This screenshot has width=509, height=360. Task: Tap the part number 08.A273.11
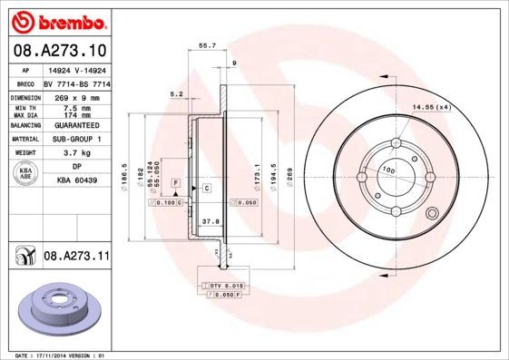point(76,258)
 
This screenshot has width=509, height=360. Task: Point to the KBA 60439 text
point(79,180)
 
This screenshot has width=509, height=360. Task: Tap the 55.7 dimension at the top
point(207,44)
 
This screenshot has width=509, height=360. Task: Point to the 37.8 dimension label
point(210,220)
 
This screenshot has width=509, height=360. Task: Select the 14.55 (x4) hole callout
point(431,108)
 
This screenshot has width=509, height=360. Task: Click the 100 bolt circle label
point(387,170)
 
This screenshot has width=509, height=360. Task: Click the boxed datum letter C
point(207,188)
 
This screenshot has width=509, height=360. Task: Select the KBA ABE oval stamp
point(26,173)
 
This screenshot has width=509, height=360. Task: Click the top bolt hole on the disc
point(396,143)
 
